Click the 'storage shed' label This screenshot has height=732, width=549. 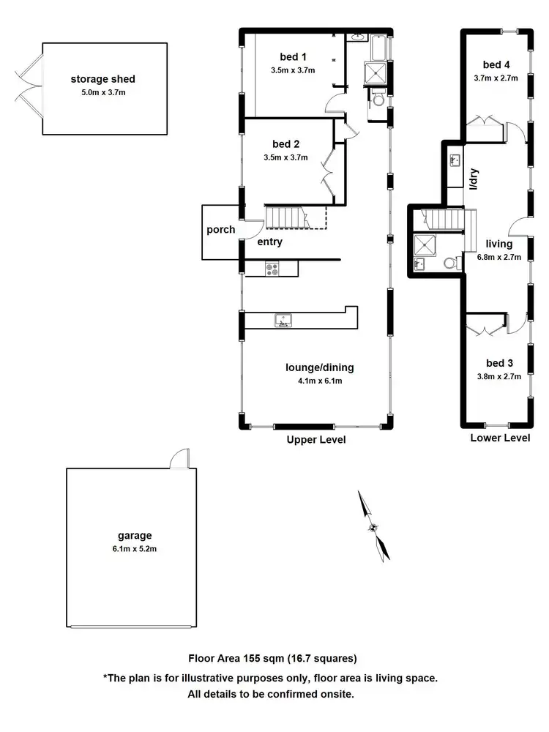(x=103, y=79)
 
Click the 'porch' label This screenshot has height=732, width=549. (x=220, y=230)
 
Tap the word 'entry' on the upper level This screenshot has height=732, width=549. (x=269, y=242)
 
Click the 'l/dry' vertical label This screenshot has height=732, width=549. (x=474, y=179)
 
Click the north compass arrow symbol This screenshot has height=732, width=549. (x=374, y=526)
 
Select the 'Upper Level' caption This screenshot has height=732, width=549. (x=316, y=440)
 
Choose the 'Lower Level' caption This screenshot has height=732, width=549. (x=500, y=438)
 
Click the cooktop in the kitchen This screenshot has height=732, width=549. (x=272, y=269)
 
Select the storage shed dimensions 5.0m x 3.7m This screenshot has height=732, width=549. (x=103, y=93)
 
